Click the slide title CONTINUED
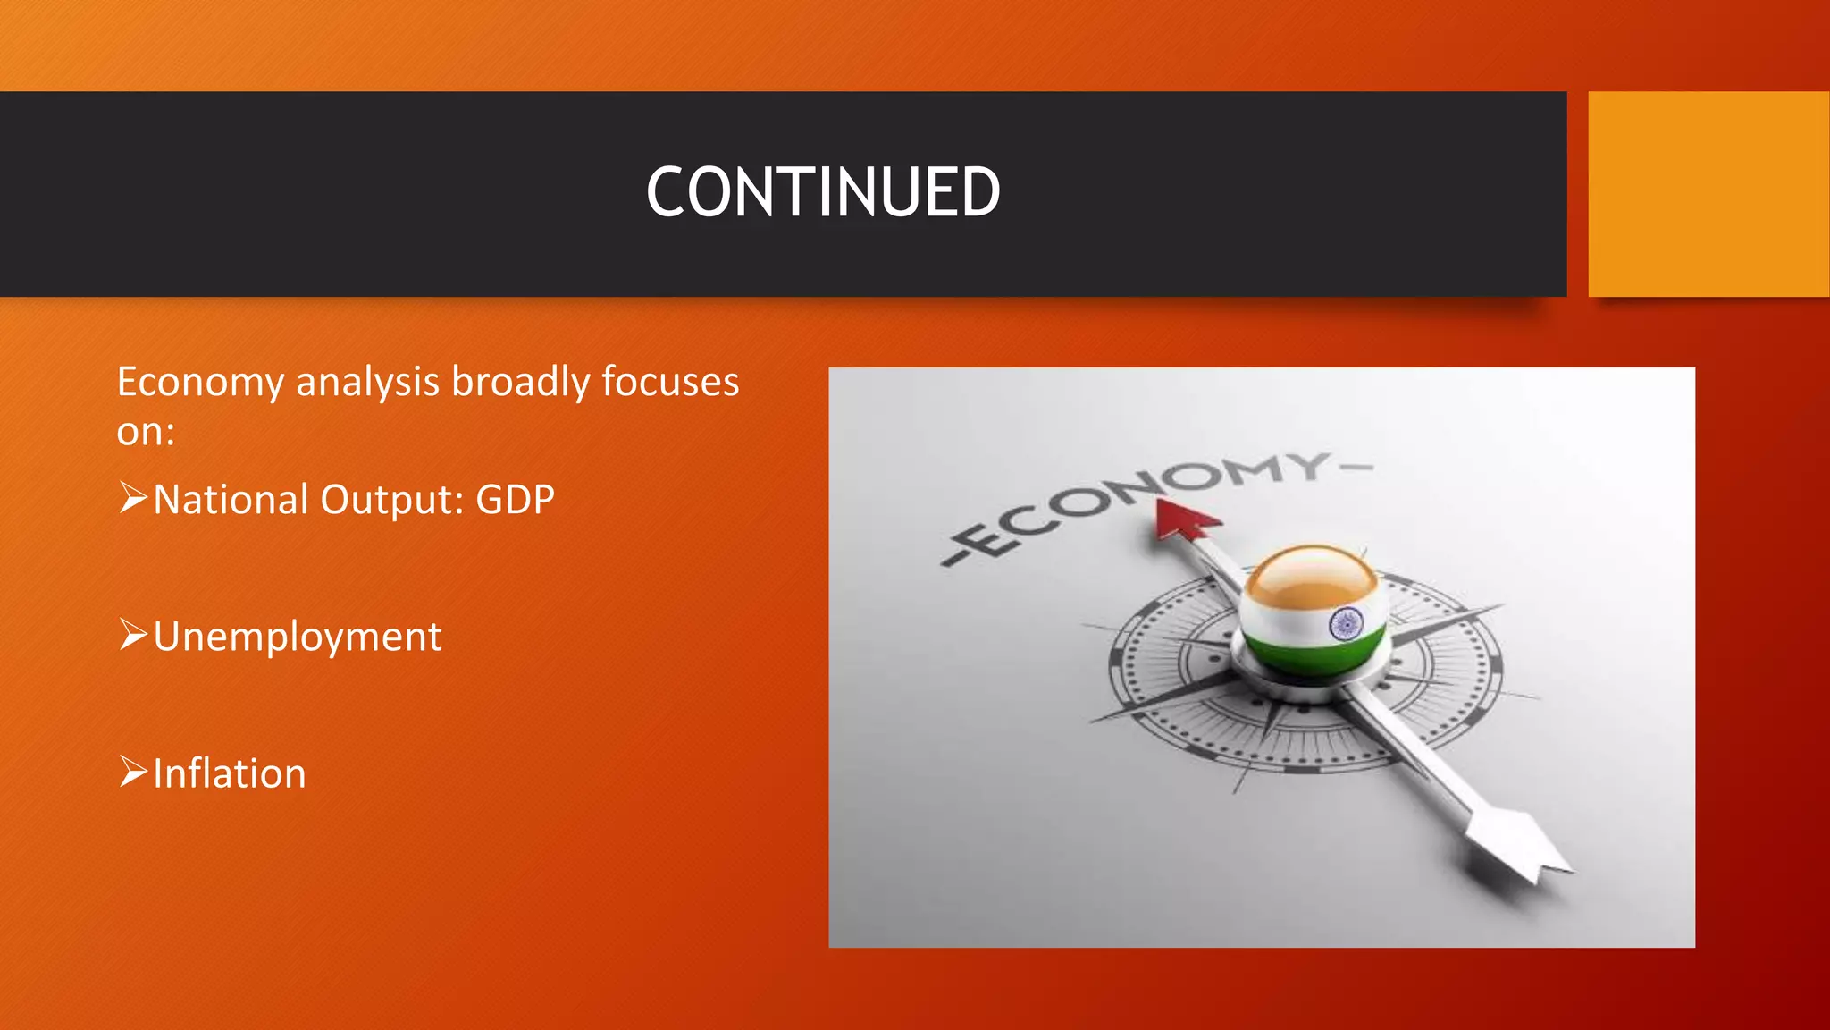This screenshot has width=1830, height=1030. (x=823, y=192)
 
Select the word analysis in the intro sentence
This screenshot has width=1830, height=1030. (x=367, y=383)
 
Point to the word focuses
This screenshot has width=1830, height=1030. (x=670, y=383)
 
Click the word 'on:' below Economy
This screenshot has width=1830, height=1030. (x=146, y=432)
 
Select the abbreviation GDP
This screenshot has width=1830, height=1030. (x=515, y=500)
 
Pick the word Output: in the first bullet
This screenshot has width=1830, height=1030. (x=392, y=500)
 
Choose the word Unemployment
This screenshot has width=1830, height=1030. (x=298, y=637)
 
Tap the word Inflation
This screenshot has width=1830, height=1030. (x=230, y=774)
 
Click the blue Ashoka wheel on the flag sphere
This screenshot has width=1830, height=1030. (x=1345, y=623)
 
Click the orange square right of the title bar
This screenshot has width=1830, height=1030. (x=1708, y=193)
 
